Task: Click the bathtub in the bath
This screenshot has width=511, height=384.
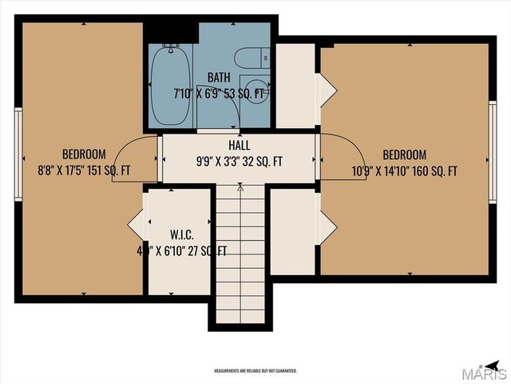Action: (x=170, y=86)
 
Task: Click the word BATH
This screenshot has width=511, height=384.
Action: (x=219, y=78)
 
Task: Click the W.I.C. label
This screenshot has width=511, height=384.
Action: (x=180, y=235)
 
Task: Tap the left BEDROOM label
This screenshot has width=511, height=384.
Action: (x=84, y=154)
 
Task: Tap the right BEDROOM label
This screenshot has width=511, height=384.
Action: (x=404, y=155)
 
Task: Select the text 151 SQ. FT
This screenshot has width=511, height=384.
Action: (x=115, y=170)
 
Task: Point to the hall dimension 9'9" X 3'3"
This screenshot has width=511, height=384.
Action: (x=217, y=161)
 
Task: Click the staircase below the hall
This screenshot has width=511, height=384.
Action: (x=240, y=256)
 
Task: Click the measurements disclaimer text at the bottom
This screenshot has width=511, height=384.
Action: (x=255, y=370)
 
